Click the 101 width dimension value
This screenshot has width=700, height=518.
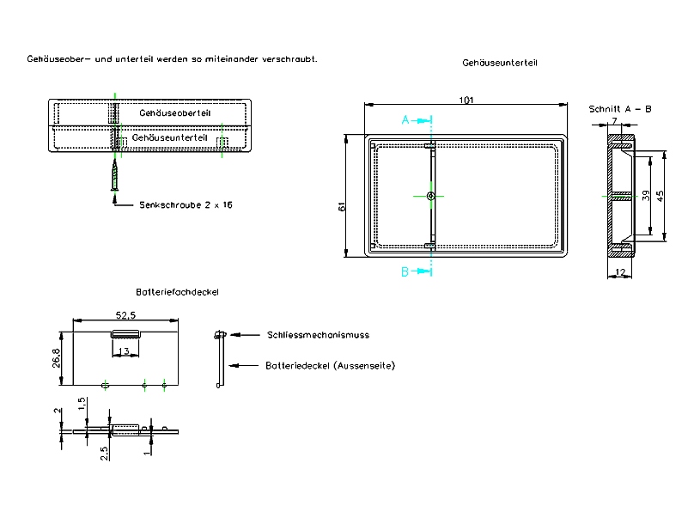point(466,101)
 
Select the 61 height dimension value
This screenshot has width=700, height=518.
point(342,207)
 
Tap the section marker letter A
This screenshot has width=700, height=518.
point(405,120)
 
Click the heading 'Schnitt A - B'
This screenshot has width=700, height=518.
point(620,109)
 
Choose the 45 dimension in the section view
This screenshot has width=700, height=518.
point(660,195)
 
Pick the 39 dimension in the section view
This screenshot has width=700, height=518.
point(646,195)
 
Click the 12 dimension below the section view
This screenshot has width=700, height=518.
point(620,272)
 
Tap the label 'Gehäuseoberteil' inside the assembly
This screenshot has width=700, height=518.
point(174,113)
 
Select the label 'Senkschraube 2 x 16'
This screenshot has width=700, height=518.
point(186,205)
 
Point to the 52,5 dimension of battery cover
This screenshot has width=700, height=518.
point(126,314)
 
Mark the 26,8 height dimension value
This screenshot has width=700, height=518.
point(57,357)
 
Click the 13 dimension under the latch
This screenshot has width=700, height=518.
point(125,351)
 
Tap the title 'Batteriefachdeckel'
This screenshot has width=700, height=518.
point(177,292)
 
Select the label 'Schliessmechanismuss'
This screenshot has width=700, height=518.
point(318,335)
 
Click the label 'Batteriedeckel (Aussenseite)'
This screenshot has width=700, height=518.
point(331,366)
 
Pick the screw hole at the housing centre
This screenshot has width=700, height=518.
point(430,196)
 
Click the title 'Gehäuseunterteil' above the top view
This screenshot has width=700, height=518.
point(501,64)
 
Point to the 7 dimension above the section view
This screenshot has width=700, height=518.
point(614,120)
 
